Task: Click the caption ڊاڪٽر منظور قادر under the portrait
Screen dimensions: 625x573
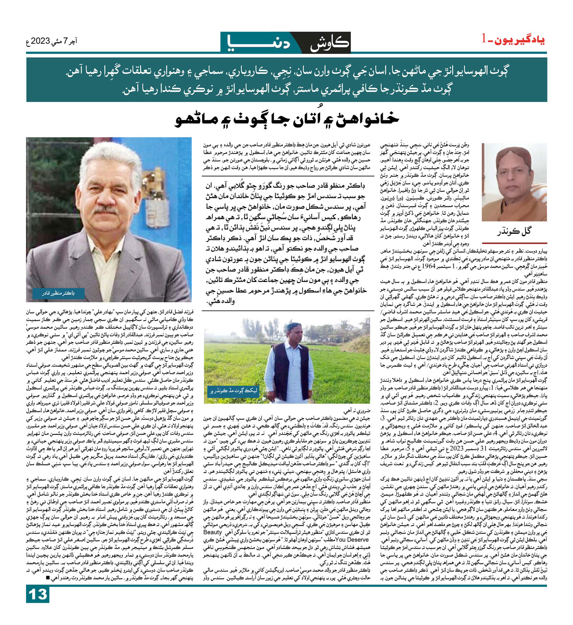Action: pos(58,293)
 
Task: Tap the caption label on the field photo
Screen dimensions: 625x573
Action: pos(234,390)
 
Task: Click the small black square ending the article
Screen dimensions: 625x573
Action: pos(47,578)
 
